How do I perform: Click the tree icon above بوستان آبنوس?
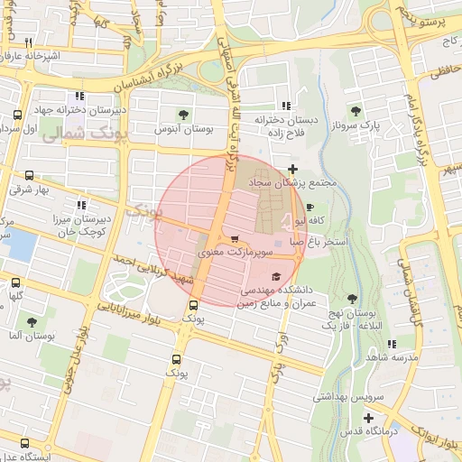(184, 115)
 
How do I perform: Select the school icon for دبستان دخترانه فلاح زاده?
(287, 105)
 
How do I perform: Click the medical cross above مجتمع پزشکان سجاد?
(291, 169)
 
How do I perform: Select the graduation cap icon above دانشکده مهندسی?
(275, 277)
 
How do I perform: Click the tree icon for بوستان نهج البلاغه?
(351, 299)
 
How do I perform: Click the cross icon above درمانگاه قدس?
(368, 417)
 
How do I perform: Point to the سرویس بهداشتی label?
(348, 396)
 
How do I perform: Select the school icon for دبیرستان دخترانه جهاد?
(80, 96)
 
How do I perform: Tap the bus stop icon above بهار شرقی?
(30, 176)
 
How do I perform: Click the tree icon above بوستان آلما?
(32, 322)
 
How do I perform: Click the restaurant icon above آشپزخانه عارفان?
(29, 42)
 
